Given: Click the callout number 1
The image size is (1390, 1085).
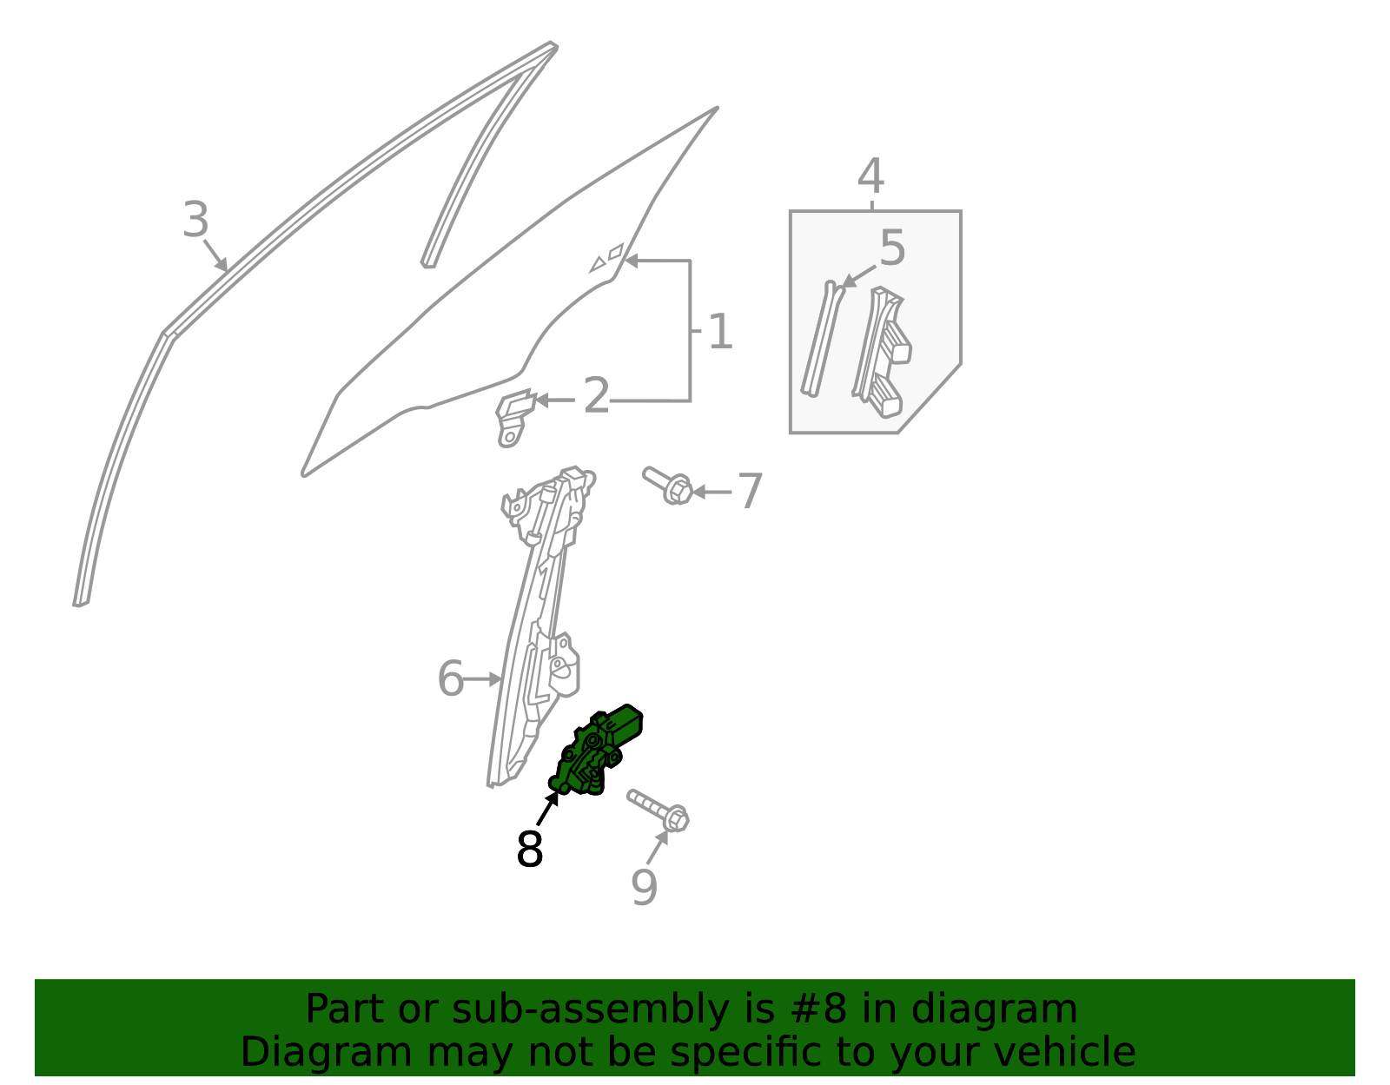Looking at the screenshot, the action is [x=721, y=331].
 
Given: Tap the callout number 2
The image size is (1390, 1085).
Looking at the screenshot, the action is [x=597, y=396].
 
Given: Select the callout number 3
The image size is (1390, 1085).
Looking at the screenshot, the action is [x=195, y=219].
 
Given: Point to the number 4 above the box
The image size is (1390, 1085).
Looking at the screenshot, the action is [x=871, y=175].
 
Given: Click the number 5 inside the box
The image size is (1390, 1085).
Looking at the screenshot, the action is [x=893, y=248].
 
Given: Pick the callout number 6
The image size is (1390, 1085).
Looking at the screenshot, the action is [x=450, y=678].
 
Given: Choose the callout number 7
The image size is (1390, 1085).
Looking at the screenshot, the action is [x=751, y=491].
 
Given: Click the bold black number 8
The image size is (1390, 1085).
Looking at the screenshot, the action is [x=530, y=849].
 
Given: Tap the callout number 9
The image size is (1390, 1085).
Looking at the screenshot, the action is [x=644, y=888].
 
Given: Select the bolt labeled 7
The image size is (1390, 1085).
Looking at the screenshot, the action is [x=668, y=486].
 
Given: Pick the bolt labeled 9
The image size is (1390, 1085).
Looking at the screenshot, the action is [x=659, y=810].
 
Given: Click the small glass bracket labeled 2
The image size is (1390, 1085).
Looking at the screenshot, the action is [x=514, y=416].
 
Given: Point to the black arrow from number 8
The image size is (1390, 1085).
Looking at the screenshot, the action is [x=547, y=808].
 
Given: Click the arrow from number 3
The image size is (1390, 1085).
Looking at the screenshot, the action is [x=215, y=255].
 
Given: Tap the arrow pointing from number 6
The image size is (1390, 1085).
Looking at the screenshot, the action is [x=482, y=679].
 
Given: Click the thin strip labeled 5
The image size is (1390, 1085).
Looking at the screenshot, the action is [x=821, y=339].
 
